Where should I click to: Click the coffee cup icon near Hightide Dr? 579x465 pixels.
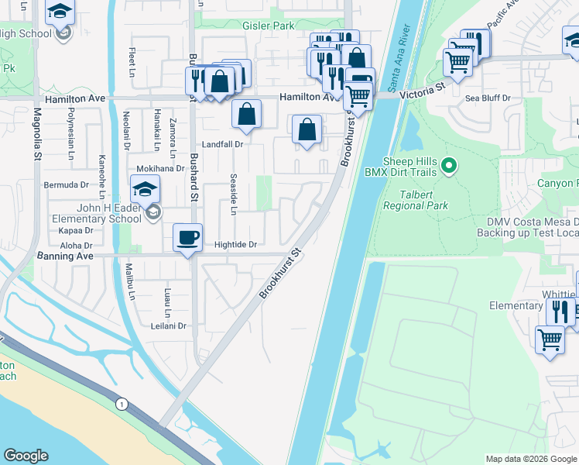[189, 237]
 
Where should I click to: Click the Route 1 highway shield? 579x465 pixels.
[121, 404]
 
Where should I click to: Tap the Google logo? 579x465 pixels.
[26, 456]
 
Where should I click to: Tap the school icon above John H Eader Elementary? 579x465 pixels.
[145, 188]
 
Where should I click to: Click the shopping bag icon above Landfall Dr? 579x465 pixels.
[246, 114]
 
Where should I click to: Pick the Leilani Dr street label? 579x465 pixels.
[169, 326]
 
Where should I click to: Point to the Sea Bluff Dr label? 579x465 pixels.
[488, 98]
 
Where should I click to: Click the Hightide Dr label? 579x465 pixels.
[235, 245]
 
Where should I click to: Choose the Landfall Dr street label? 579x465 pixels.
[222, 144]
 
